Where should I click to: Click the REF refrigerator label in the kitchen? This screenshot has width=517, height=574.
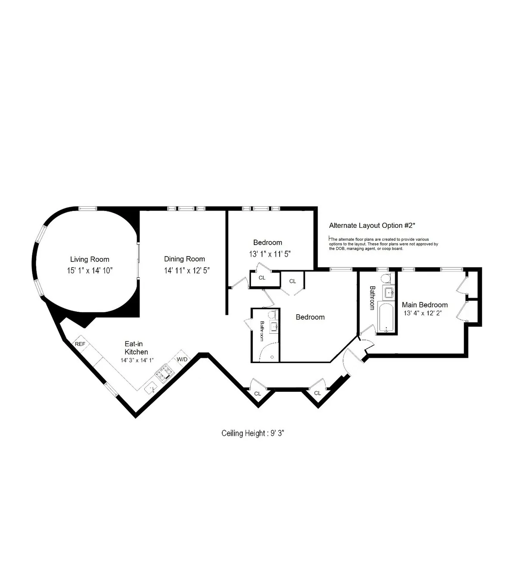point(80,344)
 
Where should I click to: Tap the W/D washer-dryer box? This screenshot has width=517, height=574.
point(182,359)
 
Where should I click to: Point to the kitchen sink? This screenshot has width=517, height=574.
point(151,388)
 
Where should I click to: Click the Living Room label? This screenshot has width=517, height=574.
point(90,259)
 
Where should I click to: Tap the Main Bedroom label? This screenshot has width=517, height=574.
point(424,305)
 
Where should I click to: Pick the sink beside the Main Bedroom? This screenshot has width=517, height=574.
point(389,293)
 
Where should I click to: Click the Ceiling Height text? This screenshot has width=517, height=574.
point(253,433)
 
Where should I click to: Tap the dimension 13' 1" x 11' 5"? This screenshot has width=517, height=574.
point(270,254)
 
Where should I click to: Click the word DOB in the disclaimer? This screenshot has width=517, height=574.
point(334,248)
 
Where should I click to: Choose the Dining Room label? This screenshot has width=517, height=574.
point(184,259)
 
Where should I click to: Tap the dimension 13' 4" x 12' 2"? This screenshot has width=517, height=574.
point(422,313)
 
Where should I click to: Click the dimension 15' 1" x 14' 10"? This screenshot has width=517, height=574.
point(90,271)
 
